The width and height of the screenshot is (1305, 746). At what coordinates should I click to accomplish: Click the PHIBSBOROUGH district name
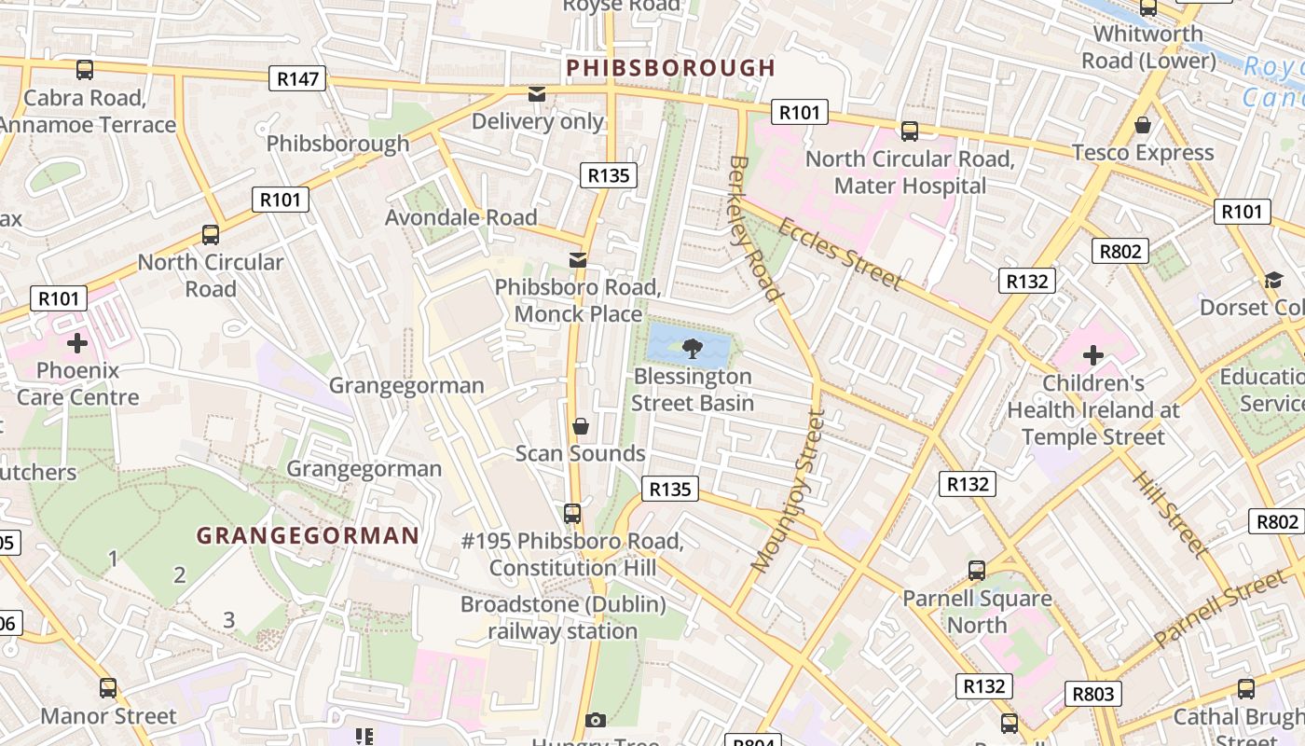(x=670, y=68)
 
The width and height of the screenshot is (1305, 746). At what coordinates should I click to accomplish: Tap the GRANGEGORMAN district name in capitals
(x=308, y=535)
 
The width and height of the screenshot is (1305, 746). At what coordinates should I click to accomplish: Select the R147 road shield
(x=298, y=78)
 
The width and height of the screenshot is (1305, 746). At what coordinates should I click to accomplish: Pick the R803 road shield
(x=1093, y=694)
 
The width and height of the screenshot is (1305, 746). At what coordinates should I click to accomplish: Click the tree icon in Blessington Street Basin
(x=692, y=348)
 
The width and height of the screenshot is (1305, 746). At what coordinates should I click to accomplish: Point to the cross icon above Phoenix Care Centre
(x=77, y=343)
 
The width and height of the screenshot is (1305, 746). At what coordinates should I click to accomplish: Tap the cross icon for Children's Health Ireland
(x=1092, y=355)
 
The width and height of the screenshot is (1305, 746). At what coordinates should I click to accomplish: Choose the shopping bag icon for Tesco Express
(x=1143, y=125)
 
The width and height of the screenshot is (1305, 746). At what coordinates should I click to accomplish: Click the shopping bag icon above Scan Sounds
(x=581, y=426)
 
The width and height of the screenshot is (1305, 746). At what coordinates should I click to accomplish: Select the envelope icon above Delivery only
(x=537, y=94)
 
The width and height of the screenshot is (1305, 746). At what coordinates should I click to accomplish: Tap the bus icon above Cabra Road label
(x=85, y=69)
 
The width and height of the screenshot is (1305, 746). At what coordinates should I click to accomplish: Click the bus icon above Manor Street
(x=108, y=688)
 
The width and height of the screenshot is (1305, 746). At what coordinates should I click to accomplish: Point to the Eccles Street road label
(x=839, y=254)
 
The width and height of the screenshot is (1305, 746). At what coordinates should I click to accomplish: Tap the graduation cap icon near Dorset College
(x=1272, y=280)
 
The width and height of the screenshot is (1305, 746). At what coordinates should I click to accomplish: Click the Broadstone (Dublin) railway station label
(x=564, y=617)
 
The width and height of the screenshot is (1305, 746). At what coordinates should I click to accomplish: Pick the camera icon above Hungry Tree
(x=596, y=720)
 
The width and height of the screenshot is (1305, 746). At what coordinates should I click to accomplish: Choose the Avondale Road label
(x=461, y=217)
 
